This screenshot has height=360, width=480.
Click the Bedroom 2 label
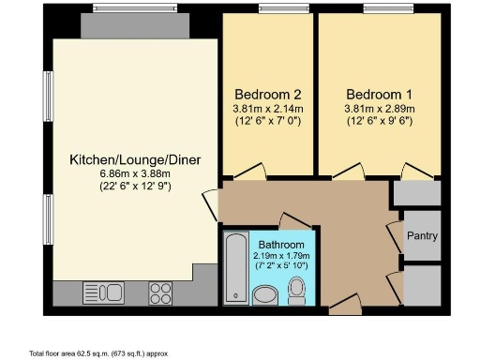(x=267, y=95)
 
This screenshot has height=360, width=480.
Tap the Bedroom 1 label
(x=378, y=95)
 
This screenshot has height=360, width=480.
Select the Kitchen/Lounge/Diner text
(x=135, y=159)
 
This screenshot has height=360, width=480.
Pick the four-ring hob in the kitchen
(x=159, y=290)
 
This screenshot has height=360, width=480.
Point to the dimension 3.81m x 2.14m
(x=267, y=109)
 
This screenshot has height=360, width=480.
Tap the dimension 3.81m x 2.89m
(x=378, y=109)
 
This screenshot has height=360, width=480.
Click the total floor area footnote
(x=98, y=353)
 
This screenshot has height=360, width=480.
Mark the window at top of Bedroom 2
(x=271, y=9)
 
